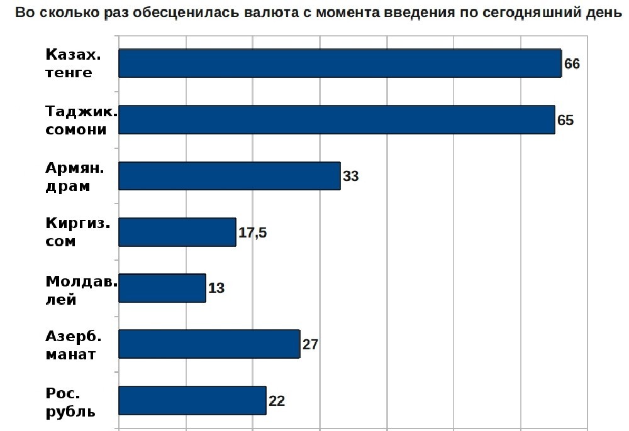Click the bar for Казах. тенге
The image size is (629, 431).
340,63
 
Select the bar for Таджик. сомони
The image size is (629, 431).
337,119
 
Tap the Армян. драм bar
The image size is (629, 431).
230,176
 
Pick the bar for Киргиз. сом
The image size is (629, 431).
177,232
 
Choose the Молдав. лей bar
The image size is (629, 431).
162,288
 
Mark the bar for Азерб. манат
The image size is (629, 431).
209,344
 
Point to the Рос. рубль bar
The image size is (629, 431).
192,400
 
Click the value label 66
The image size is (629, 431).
572,64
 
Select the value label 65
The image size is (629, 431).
565,120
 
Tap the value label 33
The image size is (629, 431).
350,177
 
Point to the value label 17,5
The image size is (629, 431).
253,232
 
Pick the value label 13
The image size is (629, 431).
216,288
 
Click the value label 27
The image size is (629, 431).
311,344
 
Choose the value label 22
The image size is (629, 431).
277,401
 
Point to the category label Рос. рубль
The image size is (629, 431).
70,402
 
